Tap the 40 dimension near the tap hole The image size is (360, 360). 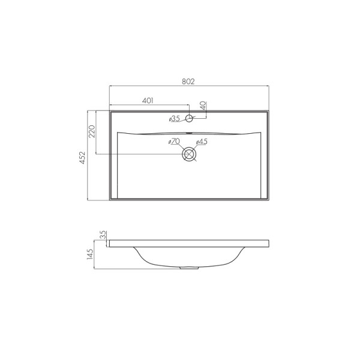coord(203,105)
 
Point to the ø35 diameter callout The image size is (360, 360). coord(174,119)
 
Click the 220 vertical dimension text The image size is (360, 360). coord(92,132)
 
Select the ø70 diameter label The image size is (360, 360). coord(174,142)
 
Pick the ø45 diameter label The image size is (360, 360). coord(202,142)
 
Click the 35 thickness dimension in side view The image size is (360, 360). coord(103,234)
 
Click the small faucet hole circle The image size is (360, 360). coord(189,118)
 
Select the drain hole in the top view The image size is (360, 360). coord(189,154)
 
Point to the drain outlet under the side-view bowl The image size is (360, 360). coord(189,268)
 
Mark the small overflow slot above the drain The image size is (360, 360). coord(189,133)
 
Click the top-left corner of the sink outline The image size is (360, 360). coord(109,110)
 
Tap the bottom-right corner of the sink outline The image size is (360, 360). coord(269,200)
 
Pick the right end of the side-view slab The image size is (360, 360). coord(269,243)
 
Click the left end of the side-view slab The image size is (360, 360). coord(109,243)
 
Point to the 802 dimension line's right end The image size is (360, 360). coord(269,86)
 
